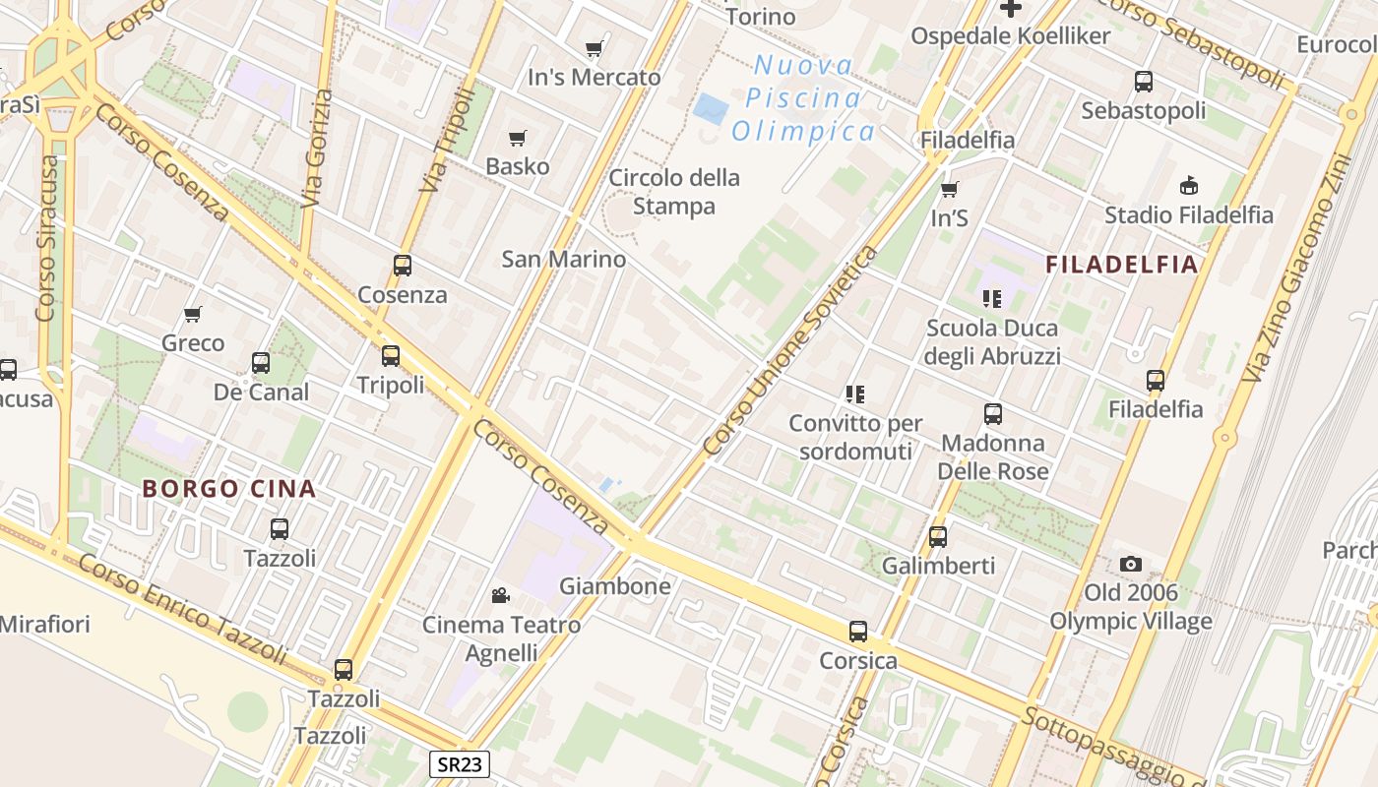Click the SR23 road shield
coord(460,764)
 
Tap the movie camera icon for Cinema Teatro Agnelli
coord(501,595)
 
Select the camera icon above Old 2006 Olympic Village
coord(1131,564)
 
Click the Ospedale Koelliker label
coord(1010,36)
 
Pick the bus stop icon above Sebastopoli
coord(1144,82)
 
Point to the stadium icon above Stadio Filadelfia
coord(1189,185)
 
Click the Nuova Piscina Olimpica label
coord(803,98)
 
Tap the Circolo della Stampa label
coord(674,192)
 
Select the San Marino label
coord(563,259)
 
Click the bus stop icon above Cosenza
coord(402,266)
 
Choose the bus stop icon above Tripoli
coord(391,356)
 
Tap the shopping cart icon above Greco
coord(193,315)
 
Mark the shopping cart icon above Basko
coord(517,138)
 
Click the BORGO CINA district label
coord(229,488)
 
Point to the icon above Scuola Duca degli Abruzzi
coord(991,298)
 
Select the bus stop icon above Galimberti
coord(938,537)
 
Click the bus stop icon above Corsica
coord(858,632)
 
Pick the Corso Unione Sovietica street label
coord(790,351)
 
